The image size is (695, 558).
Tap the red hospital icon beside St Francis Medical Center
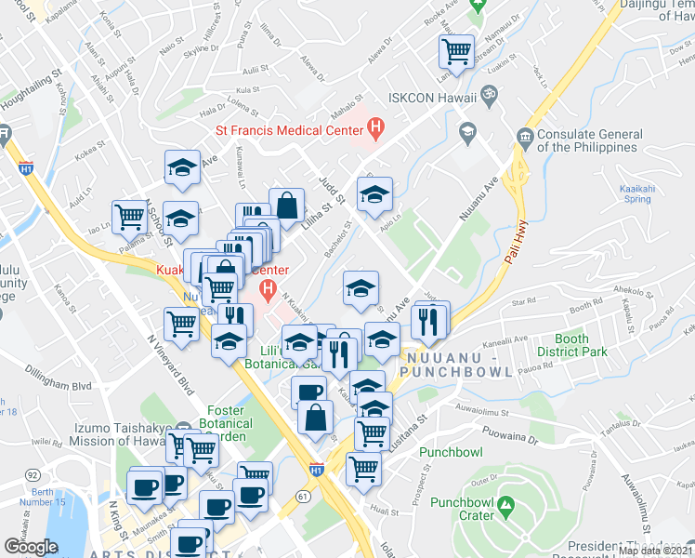(376, 126)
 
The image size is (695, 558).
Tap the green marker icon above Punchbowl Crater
(505, 507)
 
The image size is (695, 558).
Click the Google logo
(30, 547)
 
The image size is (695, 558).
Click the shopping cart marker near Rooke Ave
(456, 52)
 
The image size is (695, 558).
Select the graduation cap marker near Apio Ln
(375, 194)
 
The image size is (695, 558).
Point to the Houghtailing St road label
(30, 90)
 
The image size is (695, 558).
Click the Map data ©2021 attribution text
(655, 551)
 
